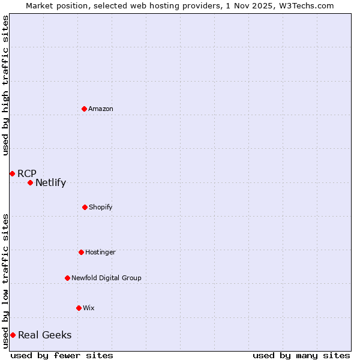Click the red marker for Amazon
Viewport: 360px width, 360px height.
point(84,109)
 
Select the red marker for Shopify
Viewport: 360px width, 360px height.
point(85,207)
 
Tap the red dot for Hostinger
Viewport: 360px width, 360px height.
point(81,252)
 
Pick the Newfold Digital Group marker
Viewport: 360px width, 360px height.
point(67,278)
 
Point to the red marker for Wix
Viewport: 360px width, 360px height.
point(79,308)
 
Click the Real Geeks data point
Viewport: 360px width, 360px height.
point(13,335)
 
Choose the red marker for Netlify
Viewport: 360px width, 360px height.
point(30,182)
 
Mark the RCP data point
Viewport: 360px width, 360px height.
point(12,173)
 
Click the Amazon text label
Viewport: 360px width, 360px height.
point(101,109)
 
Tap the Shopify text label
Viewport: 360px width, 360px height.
point(101,207)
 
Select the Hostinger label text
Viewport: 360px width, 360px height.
point(100,252)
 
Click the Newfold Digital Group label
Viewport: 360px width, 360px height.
point(106,278)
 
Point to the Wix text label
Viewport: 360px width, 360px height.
point(89,308)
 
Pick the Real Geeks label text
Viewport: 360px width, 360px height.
point(44,335)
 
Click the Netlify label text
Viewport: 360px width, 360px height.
point(50,183)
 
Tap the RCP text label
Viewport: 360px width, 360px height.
point(27,173)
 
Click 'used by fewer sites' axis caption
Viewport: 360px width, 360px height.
point(62,355)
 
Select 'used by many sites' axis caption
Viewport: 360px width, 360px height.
point(301,355)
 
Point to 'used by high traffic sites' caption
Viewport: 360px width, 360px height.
point(5,85)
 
